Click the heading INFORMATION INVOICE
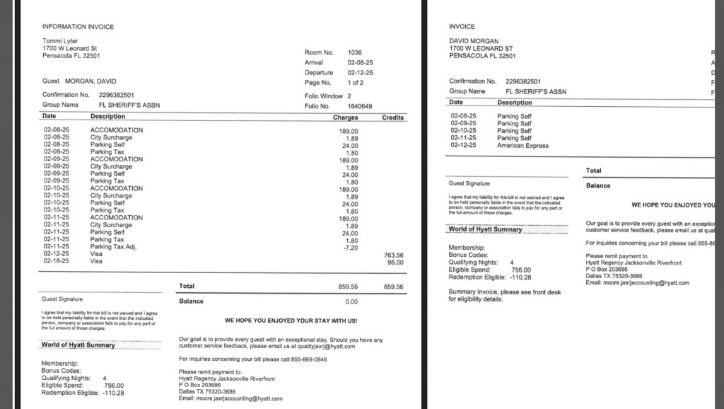coord(78,27)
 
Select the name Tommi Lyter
coord(60,41)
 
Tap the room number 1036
coord(355,52)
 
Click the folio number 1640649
coord(360,106)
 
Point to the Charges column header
coord(346,117)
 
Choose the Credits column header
coord(392,117)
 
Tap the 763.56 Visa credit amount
coord(394,255)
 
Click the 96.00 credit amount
coord(395,262)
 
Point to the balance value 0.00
coord(351,301)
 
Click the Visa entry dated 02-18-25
coord(97,261)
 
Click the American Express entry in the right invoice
coord(523,145)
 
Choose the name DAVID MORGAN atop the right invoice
coord(474,41)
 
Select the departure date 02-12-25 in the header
coord(360,73)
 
